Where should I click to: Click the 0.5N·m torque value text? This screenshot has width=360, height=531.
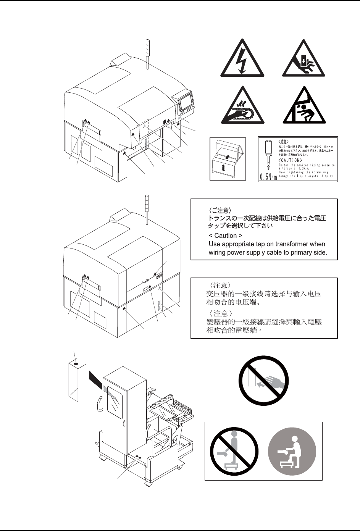(268, 177)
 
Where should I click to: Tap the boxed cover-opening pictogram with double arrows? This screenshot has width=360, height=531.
(228, 159)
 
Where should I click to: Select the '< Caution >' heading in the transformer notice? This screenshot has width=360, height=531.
(226, 236)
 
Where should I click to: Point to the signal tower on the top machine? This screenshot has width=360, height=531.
(147, 53)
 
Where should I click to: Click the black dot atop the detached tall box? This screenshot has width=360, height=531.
(76, 364)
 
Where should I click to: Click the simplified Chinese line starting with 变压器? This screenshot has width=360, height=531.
(263, 294)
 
